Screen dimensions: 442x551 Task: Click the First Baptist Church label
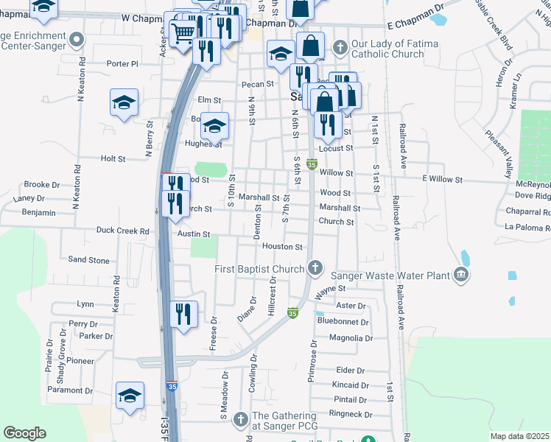pos(259,269)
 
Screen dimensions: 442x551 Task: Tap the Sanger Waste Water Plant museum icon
pos(462,276)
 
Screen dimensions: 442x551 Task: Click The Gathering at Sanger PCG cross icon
pos(240,420)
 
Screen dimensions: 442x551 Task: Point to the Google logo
pos(24,433)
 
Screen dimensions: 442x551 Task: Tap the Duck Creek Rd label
pos(122,231)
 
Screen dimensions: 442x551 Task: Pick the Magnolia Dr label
pos(351,338)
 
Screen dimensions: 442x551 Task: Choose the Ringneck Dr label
pos(351,414)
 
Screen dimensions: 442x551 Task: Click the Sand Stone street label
pos(88,260)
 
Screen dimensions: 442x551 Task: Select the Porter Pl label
pos(122,63)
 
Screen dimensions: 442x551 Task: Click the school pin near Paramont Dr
pos(130,396)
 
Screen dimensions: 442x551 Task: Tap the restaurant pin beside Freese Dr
pos(183,314)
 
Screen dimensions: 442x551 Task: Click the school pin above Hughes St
pos(215,127)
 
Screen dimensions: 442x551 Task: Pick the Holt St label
pos(113,158)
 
